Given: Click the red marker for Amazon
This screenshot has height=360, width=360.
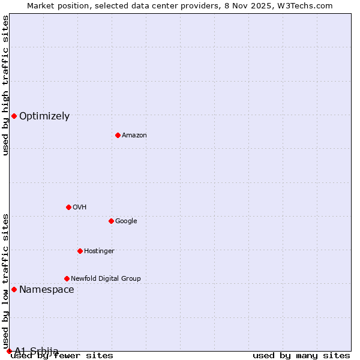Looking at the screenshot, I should pyautogui.click(x=118, y=135).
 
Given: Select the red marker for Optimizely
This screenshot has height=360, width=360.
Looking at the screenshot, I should pyautogui.click(x=14, y=116).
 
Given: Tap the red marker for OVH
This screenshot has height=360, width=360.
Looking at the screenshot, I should pyautogui.click(x=68, y=207).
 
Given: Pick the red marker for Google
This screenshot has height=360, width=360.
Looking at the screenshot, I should pyautogui.click(x=111, y=221).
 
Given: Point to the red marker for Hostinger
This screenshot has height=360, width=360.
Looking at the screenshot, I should pyautogui.click(x=80, y=251).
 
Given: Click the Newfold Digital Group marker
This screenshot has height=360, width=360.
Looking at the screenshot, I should pyautogui.click(x=67, y=278).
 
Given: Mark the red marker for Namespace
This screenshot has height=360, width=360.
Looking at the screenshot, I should pyautogui.click(x=14, y=289).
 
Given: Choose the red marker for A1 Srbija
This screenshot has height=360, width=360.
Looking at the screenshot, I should pyautogui.click(x=9, y=351).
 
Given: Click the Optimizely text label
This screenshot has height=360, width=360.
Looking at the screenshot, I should pyautogui.click(x=44, y=116).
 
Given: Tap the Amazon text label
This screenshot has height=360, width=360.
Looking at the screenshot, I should pyautogui.click(x=134, y=136).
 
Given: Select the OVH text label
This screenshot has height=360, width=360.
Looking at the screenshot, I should pyautogui.click(x=80, y=208).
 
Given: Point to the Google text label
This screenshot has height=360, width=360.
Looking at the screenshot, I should pyautogui.click(x=126, y=221).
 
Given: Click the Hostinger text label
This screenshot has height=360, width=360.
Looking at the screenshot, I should pyautogui.click(x=99, y=251).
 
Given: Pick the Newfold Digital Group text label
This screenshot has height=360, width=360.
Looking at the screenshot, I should pyautogui.click(x=106, y=279).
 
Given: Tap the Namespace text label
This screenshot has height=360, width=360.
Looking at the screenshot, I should pyautogui.click(x=47, y=290).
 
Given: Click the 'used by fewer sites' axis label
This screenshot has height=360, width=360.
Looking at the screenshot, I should pyautogui.click(x=62, y=356).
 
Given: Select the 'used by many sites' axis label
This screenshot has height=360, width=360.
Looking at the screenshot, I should pyautogui.click(x=301, y=356).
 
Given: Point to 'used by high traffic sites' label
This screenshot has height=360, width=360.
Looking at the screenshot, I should pyautogui.click(x=5, y=85).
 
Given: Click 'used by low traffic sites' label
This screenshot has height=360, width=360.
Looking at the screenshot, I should pyautogui.click(x=5, y=280).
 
